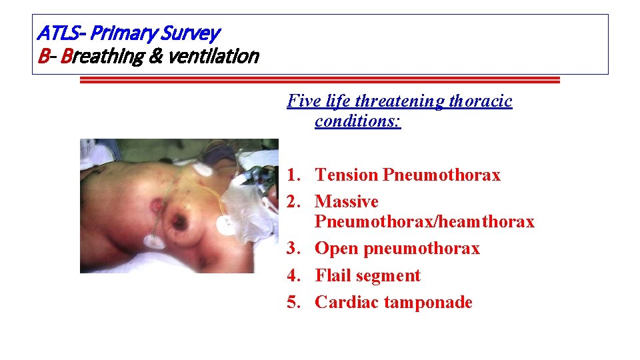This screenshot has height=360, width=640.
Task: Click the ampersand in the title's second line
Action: [155, 57]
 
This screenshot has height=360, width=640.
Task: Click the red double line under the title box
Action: [319, 80]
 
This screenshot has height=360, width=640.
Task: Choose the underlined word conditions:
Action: [358, 121]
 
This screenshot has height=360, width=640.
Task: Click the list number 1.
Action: [294, 175]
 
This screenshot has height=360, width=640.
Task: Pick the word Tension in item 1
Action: [347, 175]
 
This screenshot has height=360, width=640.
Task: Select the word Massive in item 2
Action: [346, 201]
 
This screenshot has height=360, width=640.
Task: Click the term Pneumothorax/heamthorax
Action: [425, 221]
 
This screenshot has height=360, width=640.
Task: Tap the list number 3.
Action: [294, 249]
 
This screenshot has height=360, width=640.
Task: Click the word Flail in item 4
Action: [333, 275]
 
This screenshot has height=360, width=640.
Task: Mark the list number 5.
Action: [294, 302]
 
